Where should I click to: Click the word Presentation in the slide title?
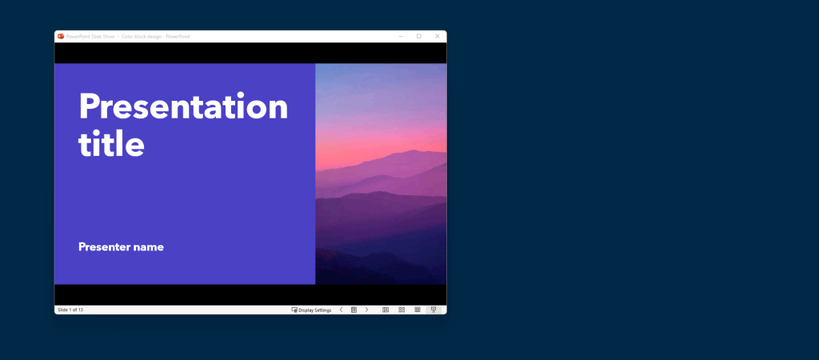coord(183,106)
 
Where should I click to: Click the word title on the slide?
coord(111,144)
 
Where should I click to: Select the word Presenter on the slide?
coord(104,247)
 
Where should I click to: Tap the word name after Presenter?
coord(148,247)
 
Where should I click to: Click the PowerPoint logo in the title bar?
coord(60,36)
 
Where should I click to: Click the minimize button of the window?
coord(400,36)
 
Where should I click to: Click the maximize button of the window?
coord(418,36)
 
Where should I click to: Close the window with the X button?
coord(437,36)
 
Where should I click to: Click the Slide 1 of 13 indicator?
coord(70,310)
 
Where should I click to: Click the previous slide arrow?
coord(341,310)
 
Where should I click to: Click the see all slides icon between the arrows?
coord(354,310)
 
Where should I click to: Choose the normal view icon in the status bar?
coord(386,310)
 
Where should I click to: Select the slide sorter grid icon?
coord(402,310)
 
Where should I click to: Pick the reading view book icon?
coord(417,310)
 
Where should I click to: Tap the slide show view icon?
coord(433,310)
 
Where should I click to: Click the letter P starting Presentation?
coord(89,106)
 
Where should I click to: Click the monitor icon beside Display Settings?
coord(294,310)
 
